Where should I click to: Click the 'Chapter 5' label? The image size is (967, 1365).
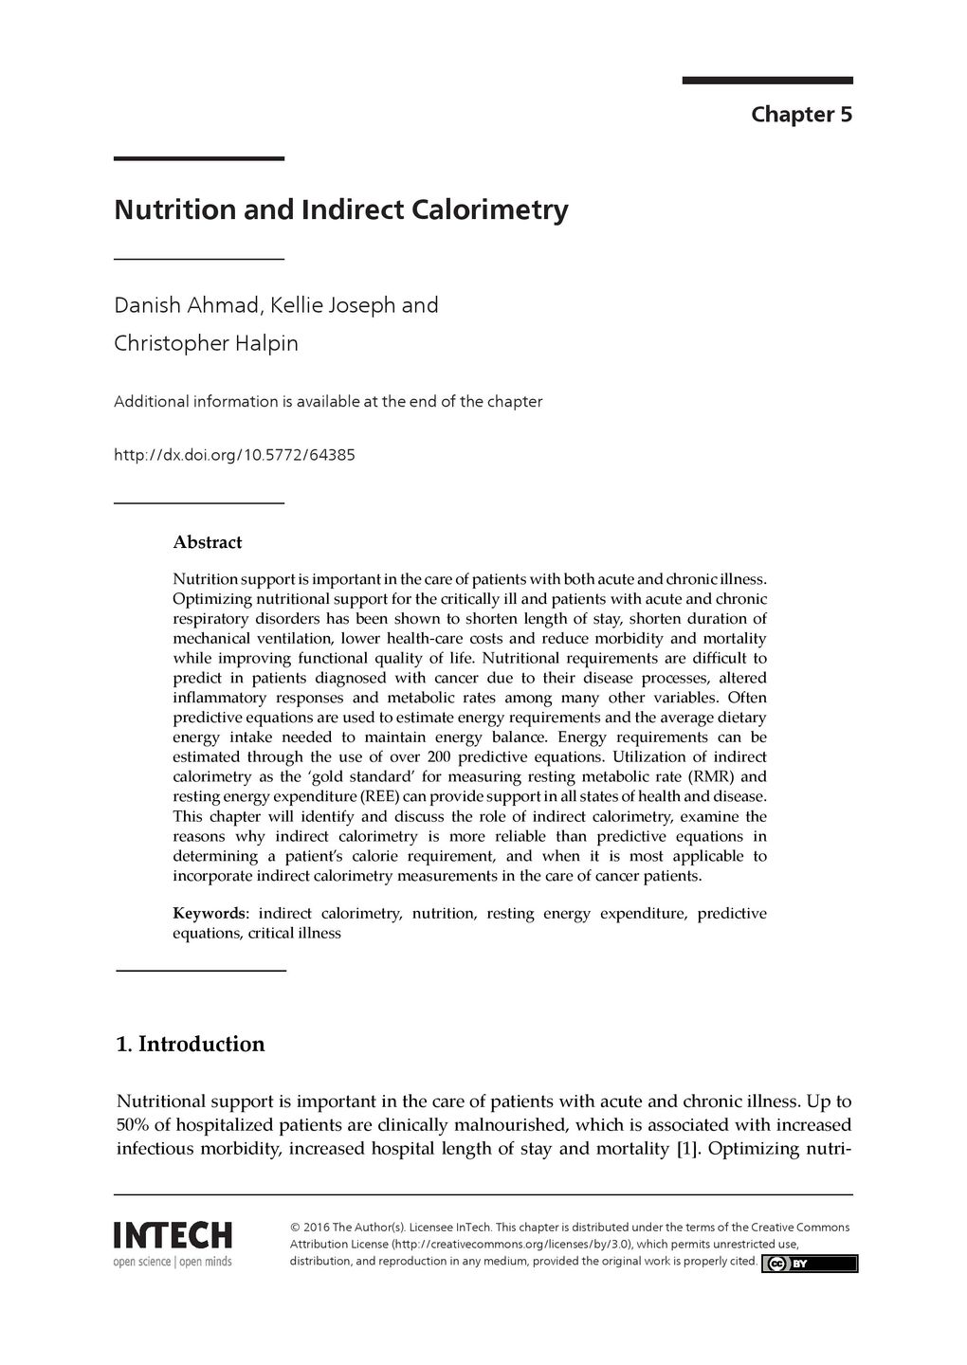(801, 115)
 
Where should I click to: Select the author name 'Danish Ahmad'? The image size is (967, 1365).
(187, 305)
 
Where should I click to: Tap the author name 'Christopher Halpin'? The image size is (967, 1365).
(206, 343)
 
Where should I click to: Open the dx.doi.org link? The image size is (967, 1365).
(234, 455)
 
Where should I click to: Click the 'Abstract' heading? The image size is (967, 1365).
(207, 542)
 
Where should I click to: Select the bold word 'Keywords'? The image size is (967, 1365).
(209, 914)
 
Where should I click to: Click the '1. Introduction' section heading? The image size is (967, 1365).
(190, 1045)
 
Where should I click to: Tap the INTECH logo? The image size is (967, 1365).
(173, 1236)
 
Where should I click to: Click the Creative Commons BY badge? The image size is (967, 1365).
(809, 1264)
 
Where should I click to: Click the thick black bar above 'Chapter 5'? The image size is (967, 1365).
(767, 81)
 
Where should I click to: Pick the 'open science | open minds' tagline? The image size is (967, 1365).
(173, 1262)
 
